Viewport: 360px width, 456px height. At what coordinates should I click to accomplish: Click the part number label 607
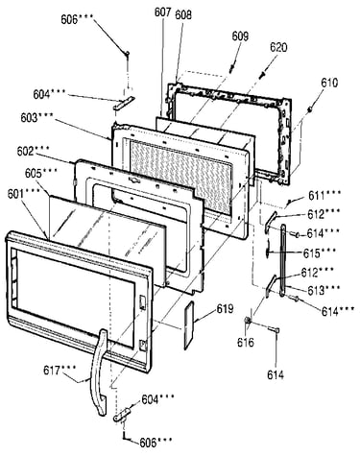(162, 12)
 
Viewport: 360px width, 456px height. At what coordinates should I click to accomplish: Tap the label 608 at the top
(183, 14)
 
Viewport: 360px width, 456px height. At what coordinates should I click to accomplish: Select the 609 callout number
(240, 36)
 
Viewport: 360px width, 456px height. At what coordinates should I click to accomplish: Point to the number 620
(278, 47)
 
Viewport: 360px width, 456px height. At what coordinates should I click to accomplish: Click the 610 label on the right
(329, 83)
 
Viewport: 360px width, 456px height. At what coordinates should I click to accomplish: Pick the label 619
(225, 309)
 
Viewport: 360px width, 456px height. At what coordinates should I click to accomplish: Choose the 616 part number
(246, 343)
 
